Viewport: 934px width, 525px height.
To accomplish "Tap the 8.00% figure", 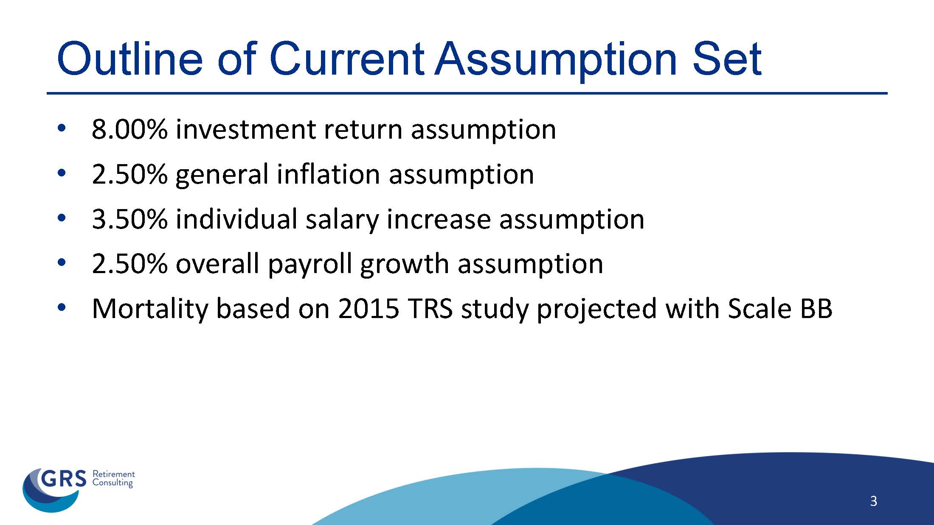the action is point(129,129).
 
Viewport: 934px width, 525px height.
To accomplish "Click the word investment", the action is point(245,129).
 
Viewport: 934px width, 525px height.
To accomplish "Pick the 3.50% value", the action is point(129,219).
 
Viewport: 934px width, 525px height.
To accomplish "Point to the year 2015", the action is point(369,309).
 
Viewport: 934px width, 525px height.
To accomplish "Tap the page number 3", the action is point(873,501).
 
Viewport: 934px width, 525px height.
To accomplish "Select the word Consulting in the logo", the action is point(113,483).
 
